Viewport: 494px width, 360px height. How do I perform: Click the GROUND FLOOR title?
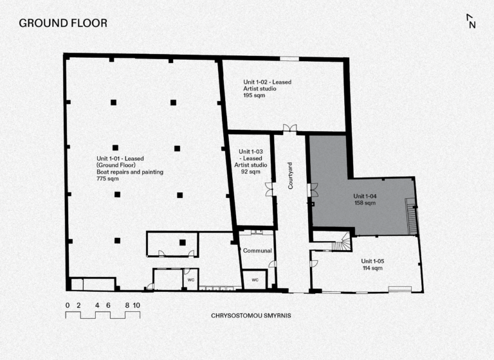pos(63,23)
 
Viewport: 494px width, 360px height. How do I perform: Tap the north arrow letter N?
pos(472,25)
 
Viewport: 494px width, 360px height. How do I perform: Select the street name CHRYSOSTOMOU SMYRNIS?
pos(251,316)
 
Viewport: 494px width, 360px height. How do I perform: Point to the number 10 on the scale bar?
pos(136,305)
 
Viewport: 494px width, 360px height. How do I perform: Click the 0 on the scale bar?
pos(68,305)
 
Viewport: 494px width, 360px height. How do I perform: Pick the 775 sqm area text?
pos(108,179)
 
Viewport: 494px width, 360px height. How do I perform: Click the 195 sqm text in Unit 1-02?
pos(254,95)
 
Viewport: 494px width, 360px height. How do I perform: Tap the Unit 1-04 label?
pos(365,196)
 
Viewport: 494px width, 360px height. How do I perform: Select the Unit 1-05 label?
pos(372,261)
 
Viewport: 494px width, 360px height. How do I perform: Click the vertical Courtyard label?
pos(290,175)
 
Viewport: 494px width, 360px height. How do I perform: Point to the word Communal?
pos(257,251)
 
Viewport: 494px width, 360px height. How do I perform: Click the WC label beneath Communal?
pos(255,280)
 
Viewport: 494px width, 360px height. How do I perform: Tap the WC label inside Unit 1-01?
pos(191,280)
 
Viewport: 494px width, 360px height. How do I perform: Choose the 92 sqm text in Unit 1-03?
pos(251,172)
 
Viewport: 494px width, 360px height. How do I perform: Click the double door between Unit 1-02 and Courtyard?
pos(290,128)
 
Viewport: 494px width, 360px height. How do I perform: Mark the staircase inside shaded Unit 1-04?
pos(412,217)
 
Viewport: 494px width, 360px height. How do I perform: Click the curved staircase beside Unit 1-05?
pos(342,242)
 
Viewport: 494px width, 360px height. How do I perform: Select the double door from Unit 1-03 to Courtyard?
pos(269,189)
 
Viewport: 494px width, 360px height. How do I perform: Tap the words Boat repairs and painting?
pos(130,172)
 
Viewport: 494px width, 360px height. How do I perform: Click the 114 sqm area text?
pos(372,268)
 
